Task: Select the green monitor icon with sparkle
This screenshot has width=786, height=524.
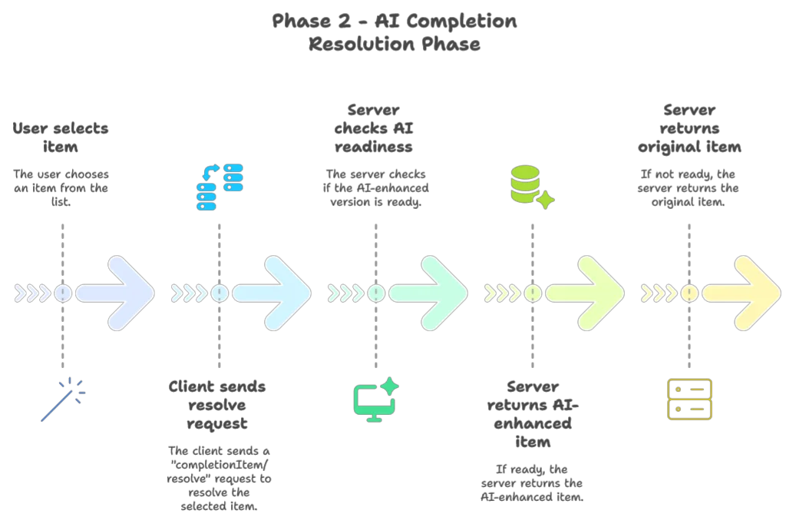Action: point(375,400)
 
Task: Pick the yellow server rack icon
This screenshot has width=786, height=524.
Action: point(689,399)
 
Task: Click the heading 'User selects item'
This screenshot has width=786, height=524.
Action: point(61,138)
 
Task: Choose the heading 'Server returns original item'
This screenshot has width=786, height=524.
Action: point(690,128)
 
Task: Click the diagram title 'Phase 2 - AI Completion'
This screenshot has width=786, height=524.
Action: point(394,22)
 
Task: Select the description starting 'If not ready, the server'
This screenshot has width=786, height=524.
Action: point(689,188)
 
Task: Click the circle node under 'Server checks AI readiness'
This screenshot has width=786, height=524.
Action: point(376,294)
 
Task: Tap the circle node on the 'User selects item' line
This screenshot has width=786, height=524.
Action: point(63,294)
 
